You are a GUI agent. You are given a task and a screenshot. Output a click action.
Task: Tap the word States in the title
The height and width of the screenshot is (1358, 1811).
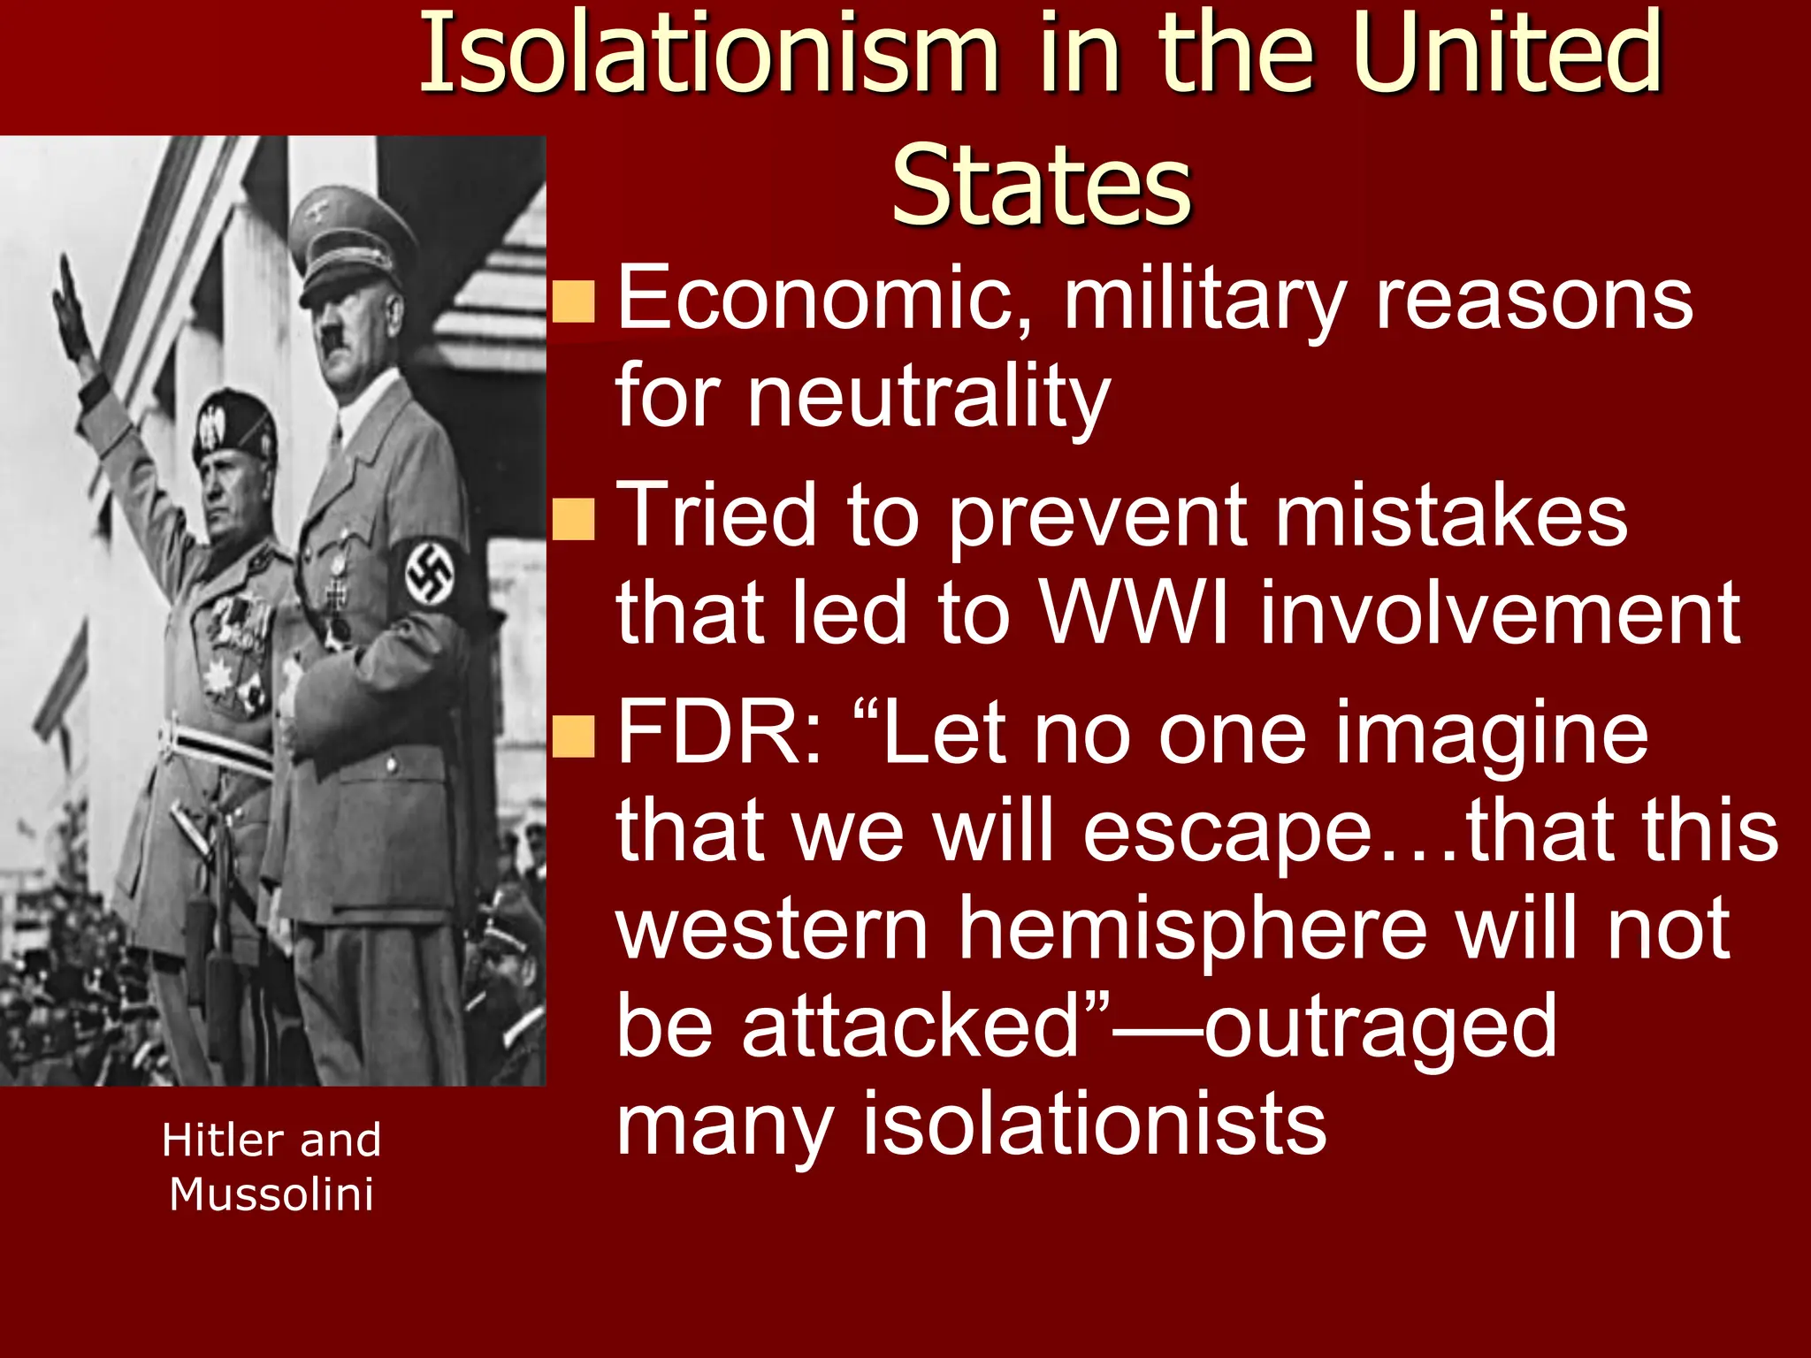point(1042,187)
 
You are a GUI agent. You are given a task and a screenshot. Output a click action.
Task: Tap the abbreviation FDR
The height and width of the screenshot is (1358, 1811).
point(718,733)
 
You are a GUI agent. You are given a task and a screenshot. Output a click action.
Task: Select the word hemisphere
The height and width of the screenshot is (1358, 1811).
point(1193,928)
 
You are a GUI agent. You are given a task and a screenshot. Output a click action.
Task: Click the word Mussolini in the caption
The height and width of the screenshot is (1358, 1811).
point(271,1194)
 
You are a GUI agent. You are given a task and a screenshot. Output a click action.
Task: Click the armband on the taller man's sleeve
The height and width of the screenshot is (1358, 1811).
point(431,575)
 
